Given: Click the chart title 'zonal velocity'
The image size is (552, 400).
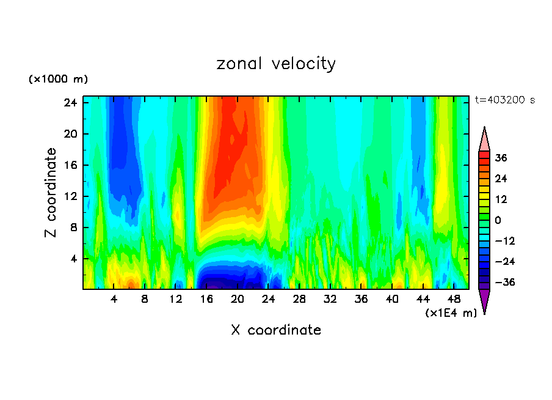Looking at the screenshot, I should [x=276, y=64].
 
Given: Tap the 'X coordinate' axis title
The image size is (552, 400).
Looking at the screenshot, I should [x=276, y=330].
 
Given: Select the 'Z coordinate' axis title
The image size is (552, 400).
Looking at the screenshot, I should [x=51, y=193].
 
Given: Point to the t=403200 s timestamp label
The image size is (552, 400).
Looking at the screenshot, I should [x=504, y=100].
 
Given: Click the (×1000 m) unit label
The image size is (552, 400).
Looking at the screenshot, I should [x=58, y=80].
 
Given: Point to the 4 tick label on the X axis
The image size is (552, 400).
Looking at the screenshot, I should [x=114, y=299].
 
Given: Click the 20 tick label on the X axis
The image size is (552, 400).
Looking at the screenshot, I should [x=238, y=299].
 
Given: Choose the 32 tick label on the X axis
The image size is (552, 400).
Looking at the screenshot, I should [x=330, y=299].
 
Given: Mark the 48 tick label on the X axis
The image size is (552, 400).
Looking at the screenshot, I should [x=454, y=299].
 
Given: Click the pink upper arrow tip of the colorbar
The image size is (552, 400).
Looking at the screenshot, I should [x=484, y=139].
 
